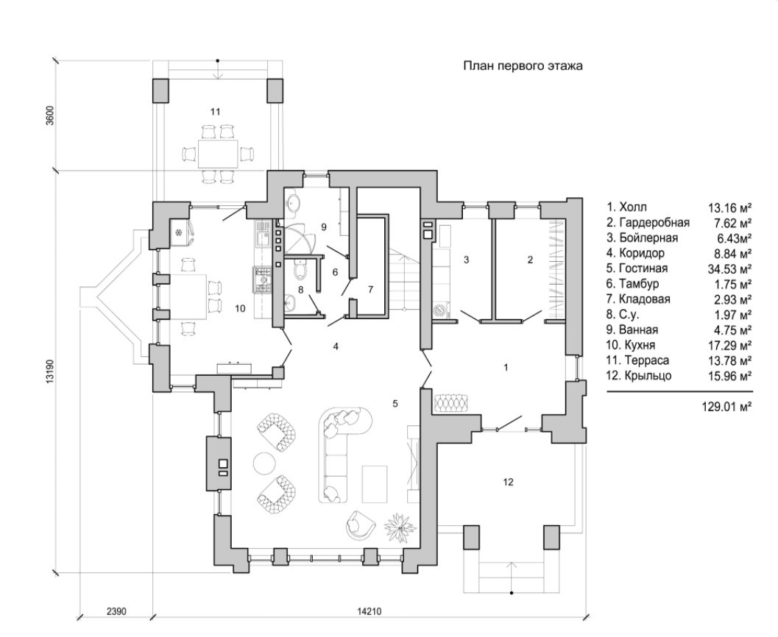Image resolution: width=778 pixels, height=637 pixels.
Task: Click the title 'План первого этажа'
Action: [x=523, y=66]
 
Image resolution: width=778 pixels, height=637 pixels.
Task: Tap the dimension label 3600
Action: [x=51, y=117]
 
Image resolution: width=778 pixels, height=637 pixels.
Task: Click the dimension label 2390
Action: [x=117, y=611]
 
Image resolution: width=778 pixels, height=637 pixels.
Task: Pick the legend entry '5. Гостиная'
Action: [x=640, y=268]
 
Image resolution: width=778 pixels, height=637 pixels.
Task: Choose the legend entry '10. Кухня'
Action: [x=635, y=345]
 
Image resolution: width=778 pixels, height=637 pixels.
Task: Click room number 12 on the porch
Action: [x=508, y=483]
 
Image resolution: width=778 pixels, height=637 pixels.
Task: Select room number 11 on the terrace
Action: [x=215, y=112]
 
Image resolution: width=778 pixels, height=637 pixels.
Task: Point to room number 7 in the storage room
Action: [x=371, y=288]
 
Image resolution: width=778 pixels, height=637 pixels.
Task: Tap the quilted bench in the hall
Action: [x=450, y=404]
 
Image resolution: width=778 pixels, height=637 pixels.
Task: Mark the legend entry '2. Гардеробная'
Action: [x=648, y=222]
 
